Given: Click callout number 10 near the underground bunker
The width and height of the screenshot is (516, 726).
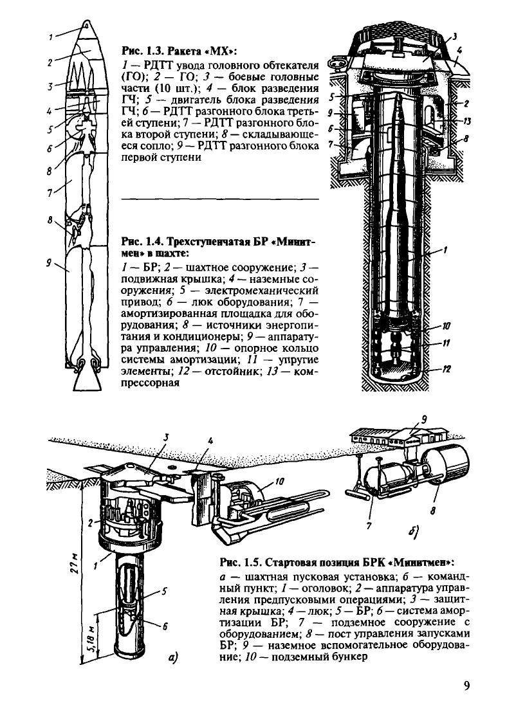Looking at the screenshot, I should pyautogui.click(x=281, y=480).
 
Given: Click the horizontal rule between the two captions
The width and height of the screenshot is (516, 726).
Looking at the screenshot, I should pyautogui.click(x=219, y=199).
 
